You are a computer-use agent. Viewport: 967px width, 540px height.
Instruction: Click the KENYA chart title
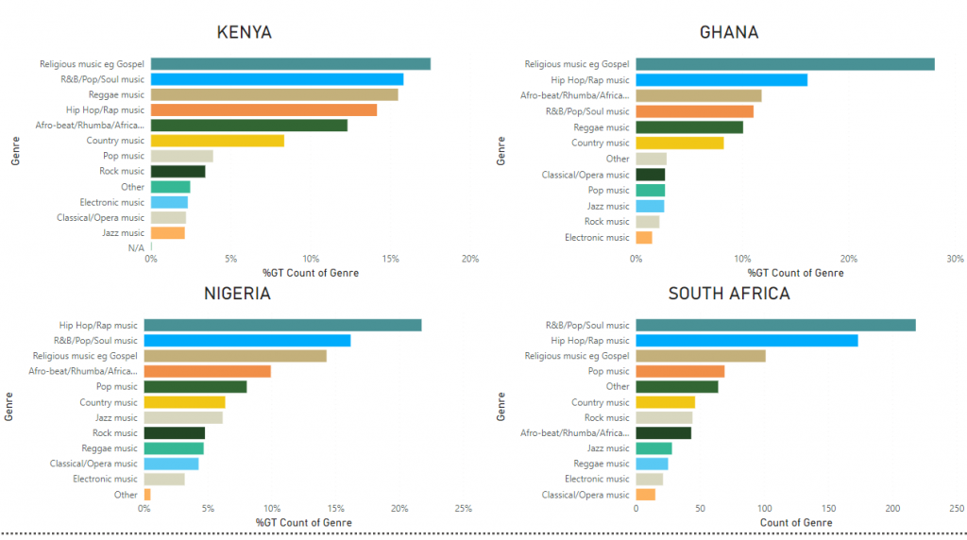(244, 32)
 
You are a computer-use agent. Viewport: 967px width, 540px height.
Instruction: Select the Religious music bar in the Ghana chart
(785, 64)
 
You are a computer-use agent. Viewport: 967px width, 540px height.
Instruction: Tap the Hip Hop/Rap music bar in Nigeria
(282, 326)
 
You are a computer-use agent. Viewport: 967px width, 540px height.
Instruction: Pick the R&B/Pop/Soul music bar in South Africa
(775, 326)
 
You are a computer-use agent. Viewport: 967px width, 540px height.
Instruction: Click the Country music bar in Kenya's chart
(217, 141)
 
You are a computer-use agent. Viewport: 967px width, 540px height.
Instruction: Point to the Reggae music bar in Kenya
(274, 94)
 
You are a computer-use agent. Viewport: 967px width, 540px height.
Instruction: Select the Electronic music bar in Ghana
(644, 238)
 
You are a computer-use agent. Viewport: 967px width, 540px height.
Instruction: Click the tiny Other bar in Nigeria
(147, 495)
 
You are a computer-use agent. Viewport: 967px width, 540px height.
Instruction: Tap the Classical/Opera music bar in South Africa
(646, 495)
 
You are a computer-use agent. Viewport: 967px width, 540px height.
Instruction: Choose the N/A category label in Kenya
(136, 248)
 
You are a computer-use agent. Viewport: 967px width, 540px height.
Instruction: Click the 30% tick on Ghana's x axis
(955, 259)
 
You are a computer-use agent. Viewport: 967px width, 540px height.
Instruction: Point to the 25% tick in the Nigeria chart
(463, 509)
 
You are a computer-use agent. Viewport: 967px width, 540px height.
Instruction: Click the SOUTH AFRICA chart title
(729, 294)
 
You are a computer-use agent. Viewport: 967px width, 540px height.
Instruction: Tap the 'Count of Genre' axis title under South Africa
(795, 523)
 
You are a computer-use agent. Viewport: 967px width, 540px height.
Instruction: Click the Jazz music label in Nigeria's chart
(116, 417)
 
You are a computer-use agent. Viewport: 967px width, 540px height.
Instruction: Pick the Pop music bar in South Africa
(680, 371)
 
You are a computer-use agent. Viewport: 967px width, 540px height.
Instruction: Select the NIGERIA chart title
(237, 294)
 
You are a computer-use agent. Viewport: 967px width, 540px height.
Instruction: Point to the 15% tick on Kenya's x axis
(390, 259)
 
